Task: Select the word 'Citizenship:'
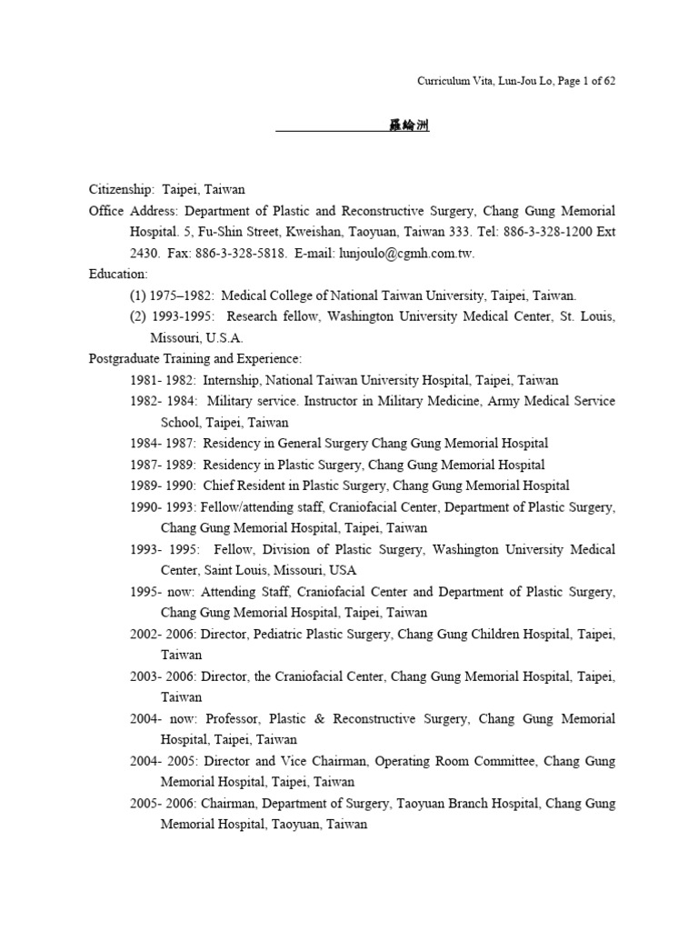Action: (123, 190)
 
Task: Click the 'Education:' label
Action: (118, 274)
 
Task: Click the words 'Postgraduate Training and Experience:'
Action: (195, 358)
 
